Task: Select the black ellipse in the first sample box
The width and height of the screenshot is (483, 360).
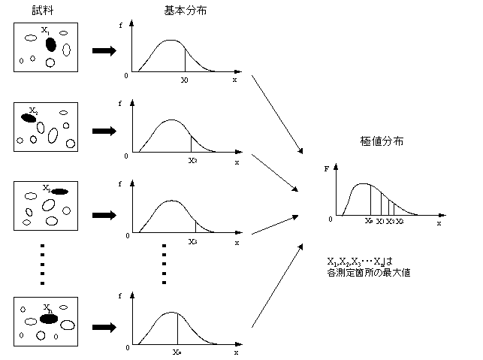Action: pyautogui.click(x=50, y=44)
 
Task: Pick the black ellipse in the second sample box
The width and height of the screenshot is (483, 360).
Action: pyautogui.click(x=29, y=116)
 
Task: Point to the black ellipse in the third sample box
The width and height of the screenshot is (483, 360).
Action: pyautogui.click(x=59, y=192)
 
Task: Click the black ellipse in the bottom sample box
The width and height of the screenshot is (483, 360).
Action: pyautogui.click(x=50, y=319)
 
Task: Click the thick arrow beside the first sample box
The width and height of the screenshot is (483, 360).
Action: pyautogui.click(x=104, y=51)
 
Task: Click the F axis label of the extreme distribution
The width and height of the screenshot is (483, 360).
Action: pyautogui.click(x=326, y=169)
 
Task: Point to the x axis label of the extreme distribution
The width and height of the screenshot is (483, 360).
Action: pyautogui.click(x=439, y=224)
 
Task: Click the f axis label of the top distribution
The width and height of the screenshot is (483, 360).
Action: pyautogui.click(x=122, y=26)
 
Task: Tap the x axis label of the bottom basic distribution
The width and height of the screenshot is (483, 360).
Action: pyautogui.click(x=235, y=352)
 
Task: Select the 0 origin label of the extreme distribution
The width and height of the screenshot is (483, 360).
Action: pyautogui.click(x=330, y=219)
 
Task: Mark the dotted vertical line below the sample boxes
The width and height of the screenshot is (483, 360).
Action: pyautogui.click(x=42, y=263)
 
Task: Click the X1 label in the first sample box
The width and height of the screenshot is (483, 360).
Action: pyautogui.click(x=46, y=31)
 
